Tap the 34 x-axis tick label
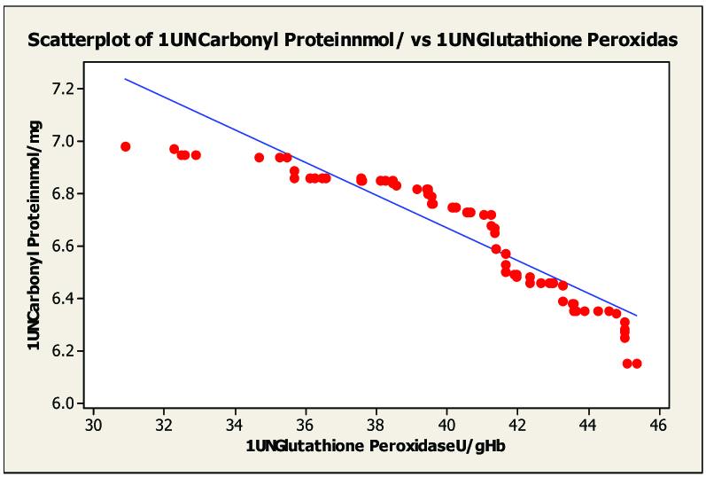click(x=235, y=425)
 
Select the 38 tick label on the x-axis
click(x=376, y=425)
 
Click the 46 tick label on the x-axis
click(x=658, y=425)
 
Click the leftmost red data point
click(x=126, y=146)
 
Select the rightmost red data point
click(x=636, y=364)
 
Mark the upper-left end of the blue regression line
click(x=125, y=79)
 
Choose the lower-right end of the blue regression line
click(x=636, y=316)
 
